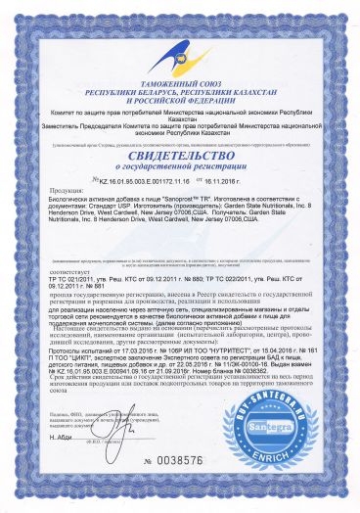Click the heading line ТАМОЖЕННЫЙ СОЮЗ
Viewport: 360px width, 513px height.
coord(179,86)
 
